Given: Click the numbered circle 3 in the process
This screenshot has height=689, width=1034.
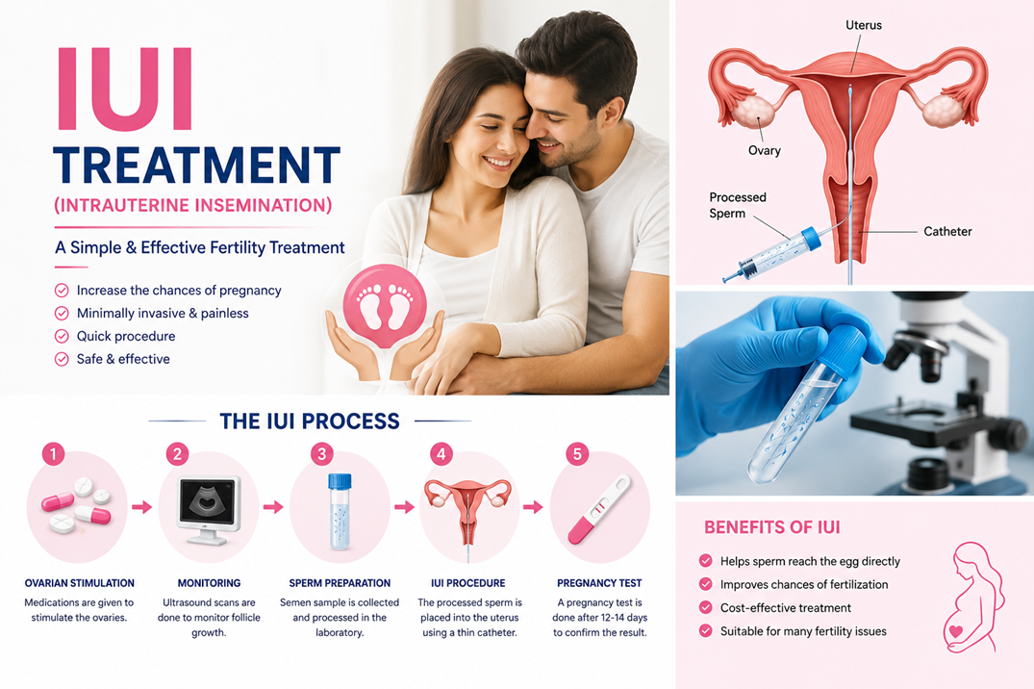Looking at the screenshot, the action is point(322,454).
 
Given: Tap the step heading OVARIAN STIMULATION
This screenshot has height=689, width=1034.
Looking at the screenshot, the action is point(79,583).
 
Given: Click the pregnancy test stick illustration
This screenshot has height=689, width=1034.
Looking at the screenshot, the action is point(599,509).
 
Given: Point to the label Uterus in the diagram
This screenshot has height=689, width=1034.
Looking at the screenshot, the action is point(863,25).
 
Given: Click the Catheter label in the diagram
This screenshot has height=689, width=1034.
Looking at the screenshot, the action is point(947,232).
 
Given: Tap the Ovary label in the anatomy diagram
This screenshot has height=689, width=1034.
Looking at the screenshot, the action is point(765,150).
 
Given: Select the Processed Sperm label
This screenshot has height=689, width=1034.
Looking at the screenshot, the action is point(737,205).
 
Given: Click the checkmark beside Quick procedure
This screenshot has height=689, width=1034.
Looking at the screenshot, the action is point(62,337).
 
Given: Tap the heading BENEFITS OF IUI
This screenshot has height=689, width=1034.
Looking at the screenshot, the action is point(772,527).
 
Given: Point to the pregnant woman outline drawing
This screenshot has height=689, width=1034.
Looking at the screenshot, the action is point(975,598).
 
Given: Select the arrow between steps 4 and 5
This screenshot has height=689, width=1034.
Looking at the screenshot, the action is point(533,507).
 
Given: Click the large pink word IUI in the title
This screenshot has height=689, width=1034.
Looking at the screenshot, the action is point(125,89).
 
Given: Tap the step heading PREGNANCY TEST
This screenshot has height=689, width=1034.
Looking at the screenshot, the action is point(599,583).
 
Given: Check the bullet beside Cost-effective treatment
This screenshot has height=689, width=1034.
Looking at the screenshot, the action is point(706,608).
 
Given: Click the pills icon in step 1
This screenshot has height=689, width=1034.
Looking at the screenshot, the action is point(77,505).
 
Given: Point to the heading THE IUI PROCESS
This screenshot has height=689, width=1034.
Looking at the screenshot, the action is point(310,421).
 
